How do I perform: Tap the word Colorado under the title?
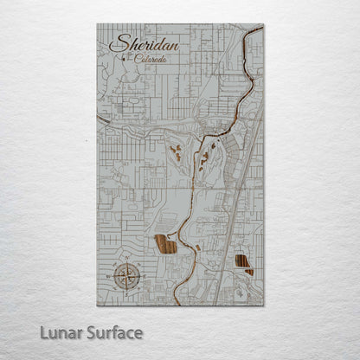[151, 59]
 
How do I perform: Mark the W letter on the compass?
[113, 276]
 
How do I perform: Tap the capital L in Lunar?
[43, 332]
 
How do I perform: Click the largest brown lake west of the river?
[165, 245]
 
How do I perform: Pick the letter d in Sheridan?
[161, 44]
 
